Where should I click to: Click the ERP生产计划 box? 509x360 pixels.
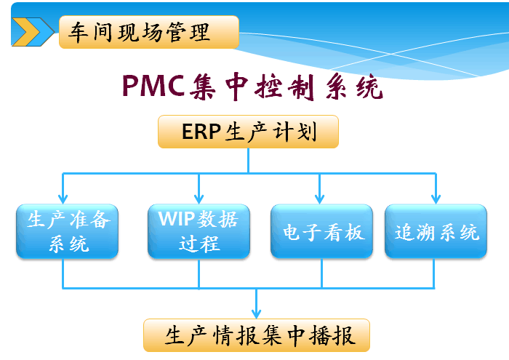click(248, 132)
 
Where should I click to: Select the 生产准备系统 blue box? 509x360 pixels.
click(68, 231)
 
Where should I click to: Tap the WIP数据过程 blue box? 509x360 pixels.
click(199, 231)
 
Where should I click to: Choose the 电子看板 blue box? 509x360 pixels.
click(321, 231)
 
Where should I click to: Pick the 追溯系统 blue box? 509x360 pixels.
click(436, 231)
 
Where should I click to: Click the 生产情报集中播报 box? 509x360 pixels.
click(257, 337)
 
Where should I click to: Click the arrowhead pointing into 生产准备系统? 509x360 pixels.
click(63, 199)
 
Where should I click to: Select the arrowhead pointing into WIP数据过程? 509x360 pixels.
click(197, 199)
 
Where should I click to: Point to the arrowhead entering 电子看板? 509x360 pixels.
click(319, 199)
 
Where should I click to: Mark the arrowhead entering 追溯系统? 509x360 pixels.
click(436, 199)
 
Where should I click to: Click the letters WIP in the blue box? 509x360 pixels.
click(172, 219)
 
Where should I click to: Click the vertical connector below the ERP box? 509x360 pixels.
click(248, 160)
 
